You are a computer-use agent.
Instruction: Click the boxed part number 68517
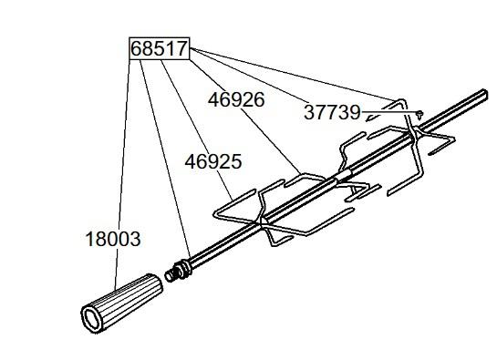pyautogui.click(x=159, y=49)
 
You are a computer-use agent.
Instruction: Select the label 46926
pyautogui.click(x=236, y=100)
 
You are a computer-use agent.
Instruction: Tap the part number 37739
pyautogui.click(x=332, y=112)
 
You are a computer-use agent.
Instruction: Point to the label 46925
pyautogui.click(x=213, y=161)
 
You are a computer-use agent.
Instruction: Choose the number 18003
pyautogui.click(x=113, y=239)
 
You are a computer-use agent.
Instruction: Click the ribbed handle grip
pyautogui.click(x=122, y=303)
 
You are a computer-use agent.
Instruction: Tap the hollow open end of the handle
pyautogui.click(x=92, y=319)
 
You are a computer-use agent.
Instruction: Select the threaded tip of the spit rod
pyautogui.click(x=171, y=275)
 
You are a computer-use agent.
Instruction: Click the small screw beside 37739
pyautogui.click(x=419, y=115)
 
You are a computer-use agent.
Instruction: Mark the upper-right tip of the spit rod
pyautogui.click(x=484, y=93)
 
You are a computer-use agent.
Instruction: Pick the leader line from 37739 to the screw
pyautogui.click(x=389, y=112)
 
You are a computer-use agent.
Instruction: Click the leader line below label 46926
pyautogui.click(x=270, y=141)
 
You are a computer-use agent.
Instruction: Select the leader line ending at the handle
pyautogui.click(x=122, y=174)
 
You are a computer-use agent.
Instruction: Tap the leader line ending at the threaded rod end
pyautogui.click(x=165, y=159)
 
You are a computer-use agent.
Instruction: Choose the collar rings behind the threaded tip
pyautogui.click(x=184, y=268)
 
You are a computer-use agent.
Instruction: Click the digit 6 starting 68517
pyautogui.click(x=136, y=49)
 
